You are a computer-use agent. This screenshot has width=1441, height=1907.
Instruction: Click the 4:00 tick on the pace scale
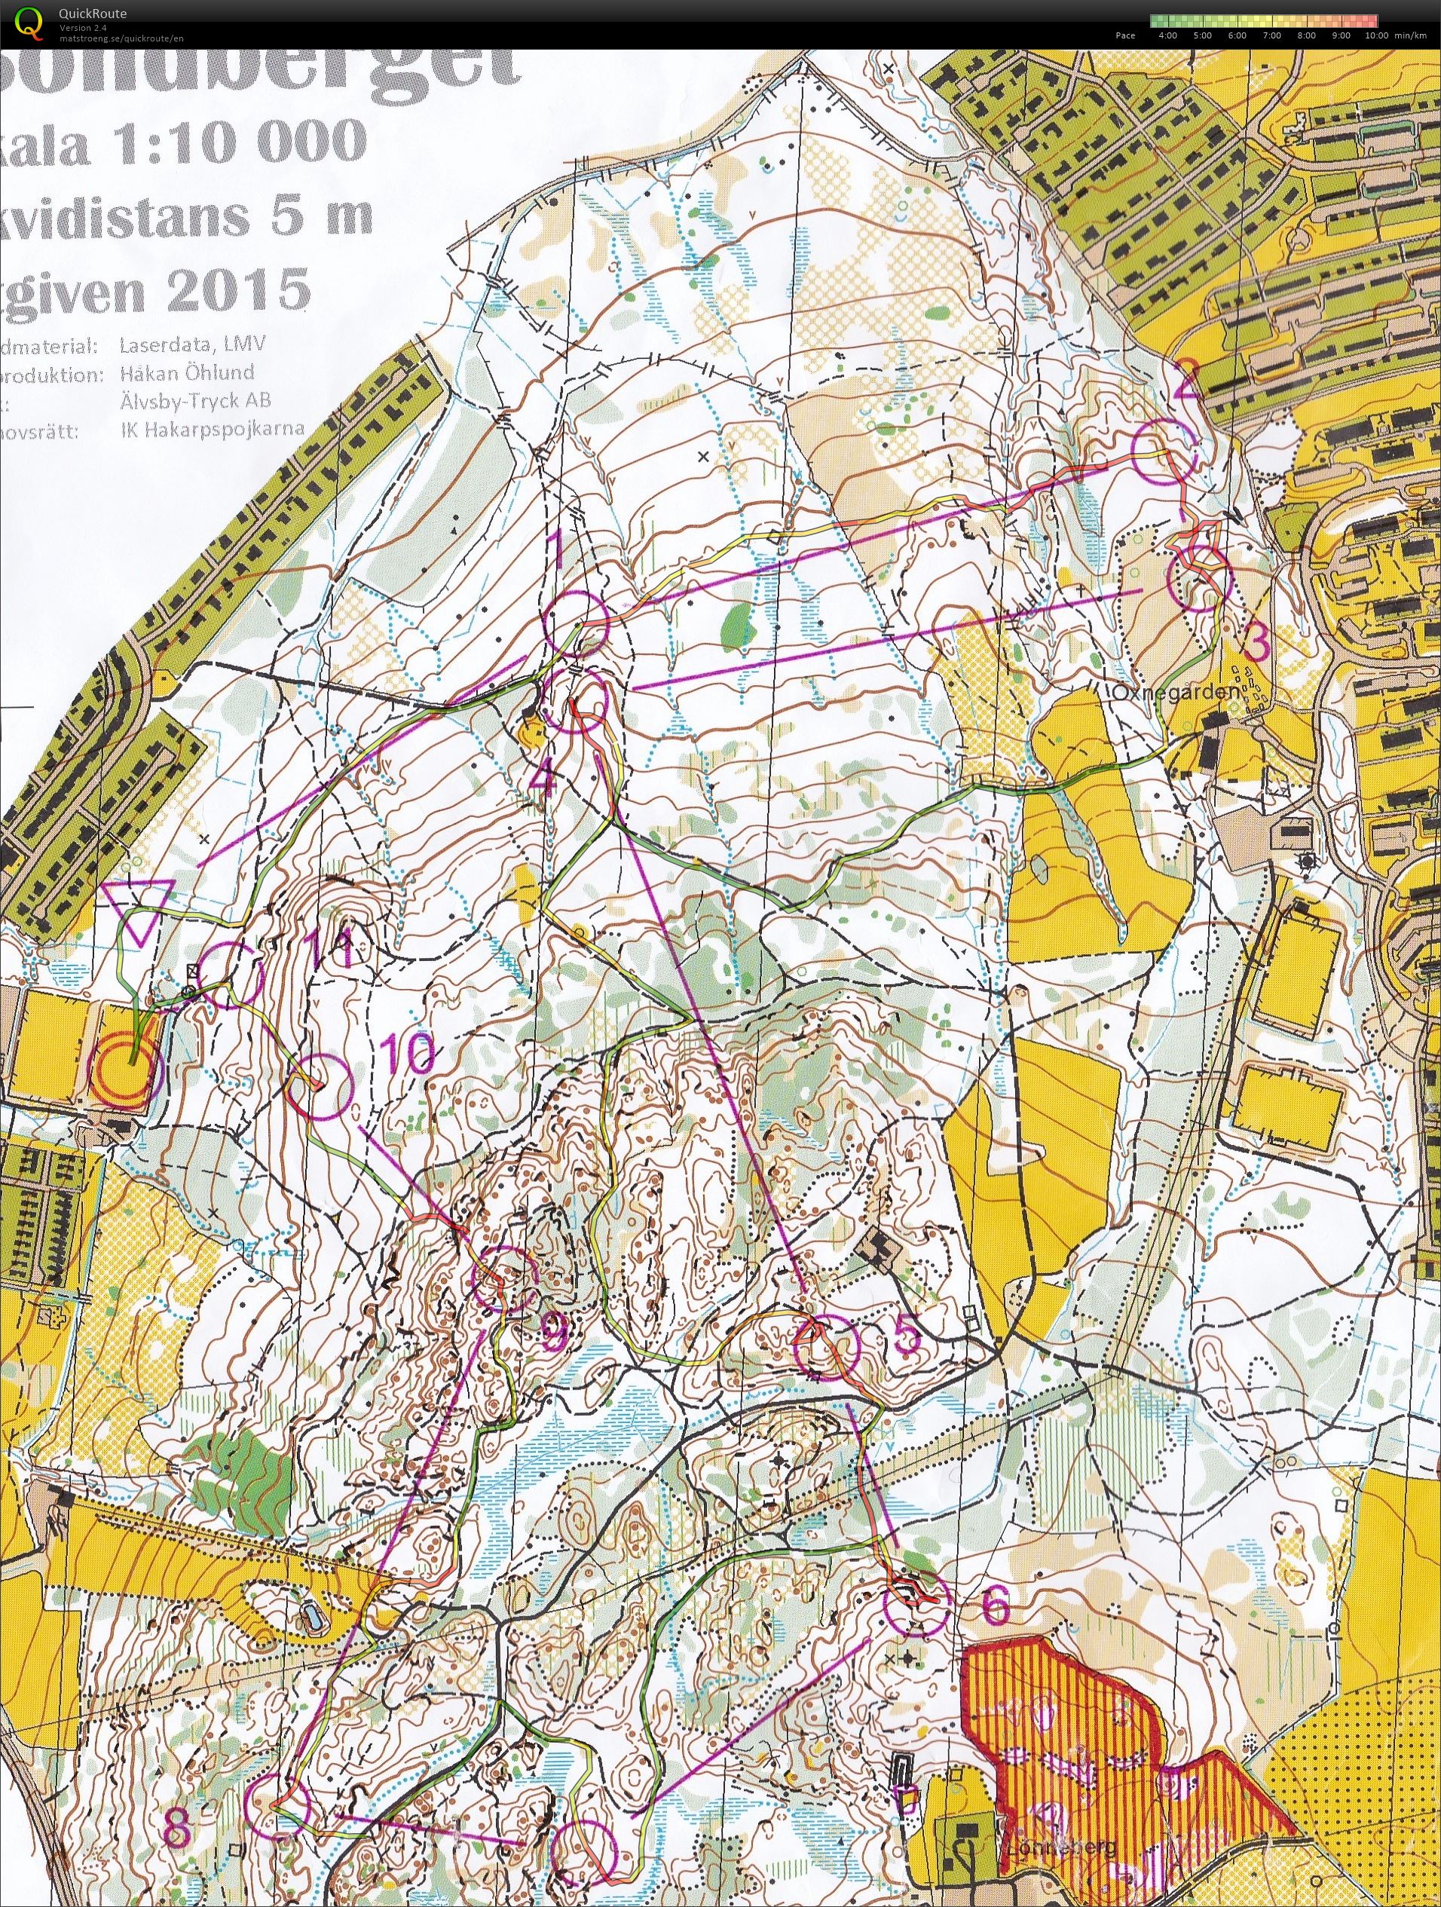click(1170, 36)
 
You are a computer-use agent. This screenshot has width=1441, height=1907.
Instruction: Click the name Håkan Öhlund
click(188, 372)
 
